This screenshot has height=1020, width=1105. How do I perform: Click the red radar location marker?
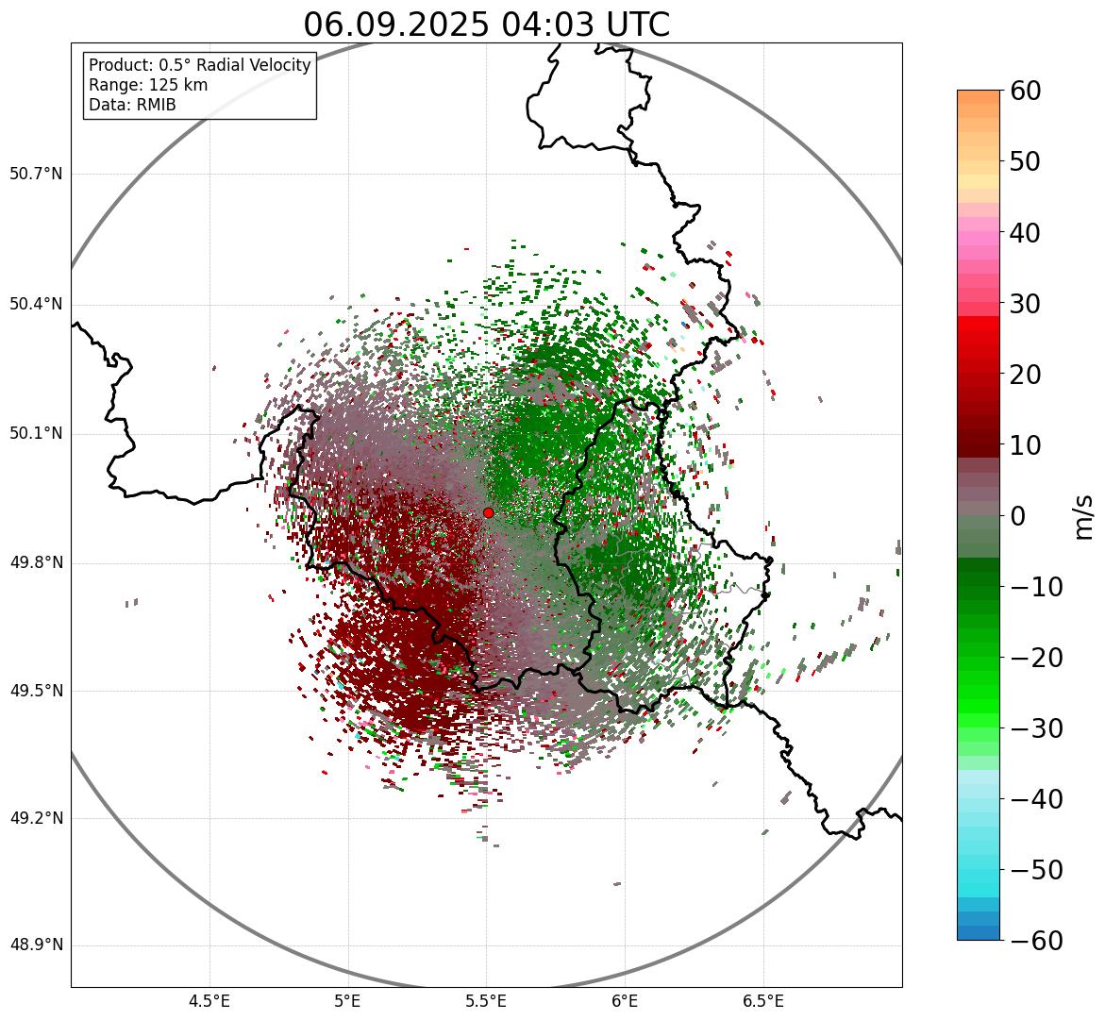(488, 512)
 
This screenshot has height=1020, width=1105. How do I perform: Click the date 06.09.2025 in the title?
(395, 25)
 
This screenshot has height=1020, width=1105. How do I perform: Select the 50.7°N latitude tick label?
(36, 175)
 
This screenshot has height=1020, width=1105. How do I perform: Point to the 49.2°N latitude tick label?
(36, 818)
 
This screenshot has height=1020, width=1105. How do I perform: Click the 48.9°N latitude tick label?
(36, 945)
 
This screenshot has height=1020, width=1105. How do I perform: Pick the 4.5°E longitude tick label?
(209, 1001)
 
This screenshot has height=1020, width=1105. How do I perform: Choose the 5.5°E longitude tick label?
(486, 1001)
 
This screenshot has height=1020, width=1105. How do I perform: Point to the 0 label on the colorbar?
(1018, 516)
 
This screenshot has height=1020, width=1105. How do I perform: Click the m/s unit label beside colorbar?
(1085, 516)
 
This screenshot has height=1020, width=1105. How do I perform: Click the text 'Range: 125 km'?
(148, 85)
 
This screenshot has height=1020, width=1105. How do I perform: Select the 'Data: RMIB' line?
(132, 105)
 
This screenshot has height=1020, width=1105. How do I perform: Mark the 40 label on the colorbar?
(1025, 233)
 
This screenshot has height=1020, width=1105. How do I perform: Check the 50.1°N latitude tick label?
(36, 434)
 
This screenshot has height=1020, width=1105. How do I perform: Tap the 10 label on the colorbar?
(1025, 445)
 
